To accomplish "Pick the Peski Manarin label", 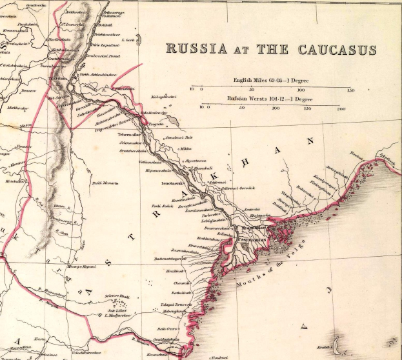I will click(105, 183).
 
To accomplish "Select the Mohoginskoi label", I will click(163, 97).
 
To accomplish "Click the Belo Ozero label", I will click(167, 328).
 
